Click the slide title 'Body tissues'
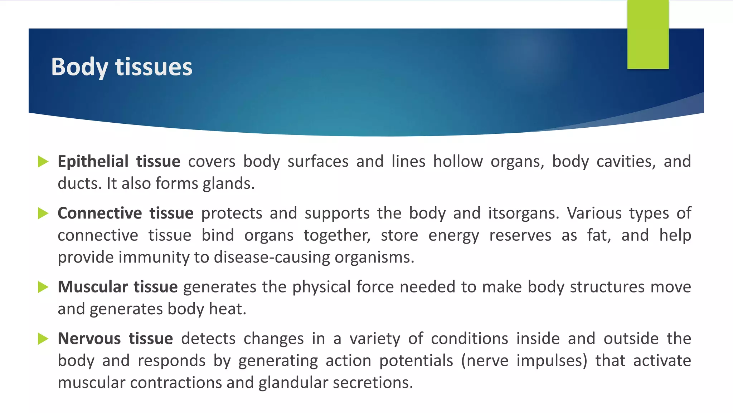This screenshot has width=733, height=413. point(122,67)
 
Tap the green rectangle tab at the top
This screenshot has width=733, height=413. point(648,34)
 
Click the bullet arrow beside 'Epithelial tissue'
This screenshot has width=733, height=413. point(43,162)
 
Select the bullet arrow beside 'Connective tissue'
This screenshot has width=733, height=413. point(43,213)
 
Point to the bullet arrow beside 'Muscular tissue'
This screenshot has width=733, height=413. point(43,287)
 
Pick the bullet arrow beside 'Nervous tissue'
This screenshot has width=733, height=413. point(43,339)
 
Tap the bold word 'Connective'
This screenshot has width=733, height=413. point(100,213)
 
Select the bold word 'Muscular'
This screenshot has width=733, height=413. point(93,287)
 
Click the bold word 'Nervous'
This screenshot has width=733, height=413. point(89,339)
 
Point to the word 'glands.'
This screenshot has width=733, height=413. point(229,184)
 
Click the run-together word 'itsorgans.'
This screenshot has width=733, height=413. point(523,213)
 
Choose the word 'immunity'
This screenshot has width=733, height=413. point(154,257)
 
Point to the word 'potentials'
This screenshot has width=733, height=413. point(416,360)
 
